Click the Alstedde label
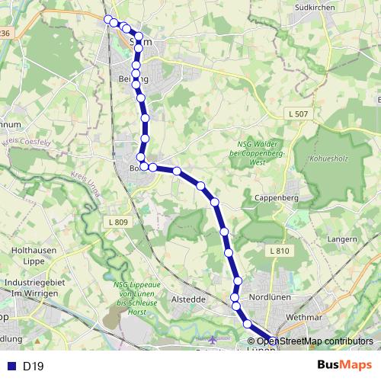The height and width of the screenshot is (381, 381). tap(189, 299)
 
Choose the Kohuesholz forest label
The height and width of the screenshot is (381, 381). tap(328, 161)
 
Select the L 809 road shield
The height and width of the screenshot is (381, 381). tap(115, 222)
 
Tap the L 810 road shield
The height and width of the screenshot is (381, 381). tap(279, 251)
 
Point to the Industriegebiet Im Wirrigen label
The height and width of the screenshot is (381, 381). tap(31, 287)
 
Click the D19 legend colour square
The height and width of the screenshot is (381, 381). tap(11, 367)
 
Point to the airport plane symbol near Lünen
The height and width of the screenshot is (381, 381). tap(216, 339)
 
